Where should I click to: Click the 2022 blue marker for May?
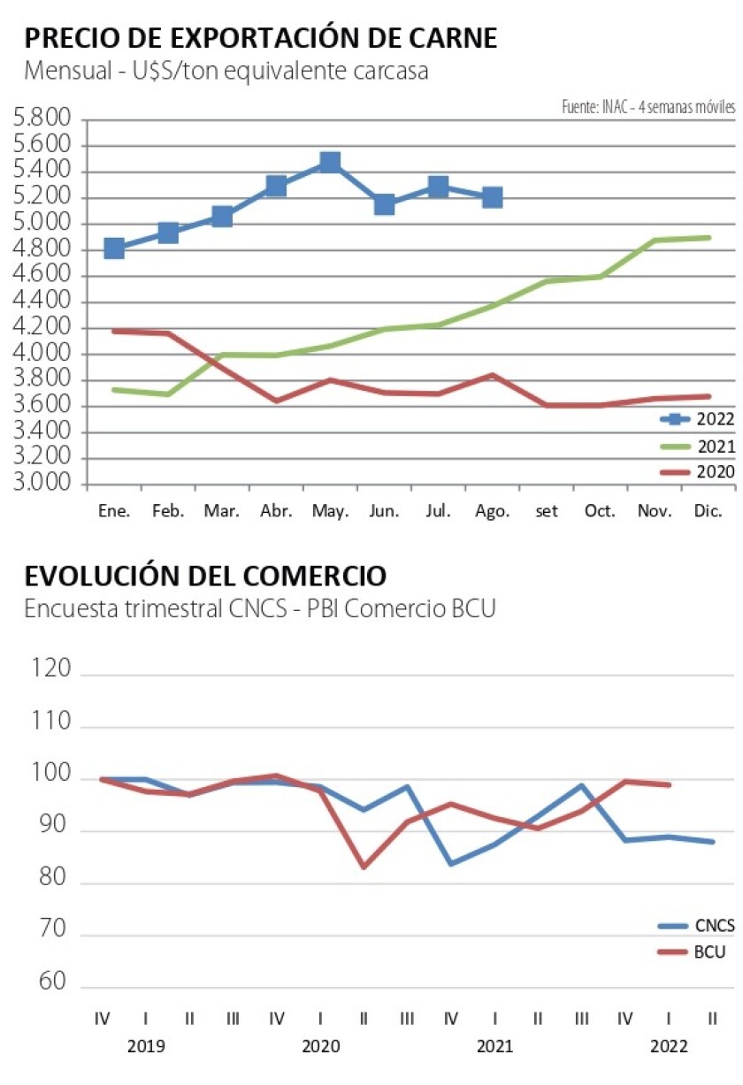(x=330, y=162)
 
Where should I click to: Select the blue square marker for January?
(x=113, y=248)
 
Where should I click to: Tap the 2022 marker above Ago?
(x=492, y=197)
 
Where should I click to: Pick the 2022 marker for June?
(x=384, y=204)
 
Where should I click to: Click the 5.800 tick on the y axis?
(x=42, y=119)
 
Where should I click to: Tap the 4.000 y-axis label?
(x=42, y=355)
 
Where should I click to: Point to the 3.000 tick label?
(x=42, y=485)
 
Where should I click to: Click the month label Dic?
(x=709, y=511)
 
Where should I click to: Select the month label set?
(x=547, y=512)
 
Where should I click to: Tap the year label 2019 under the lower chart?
(x=145, y=1047)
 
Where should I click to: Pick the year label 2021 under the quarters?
(x=494, y=1047)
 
